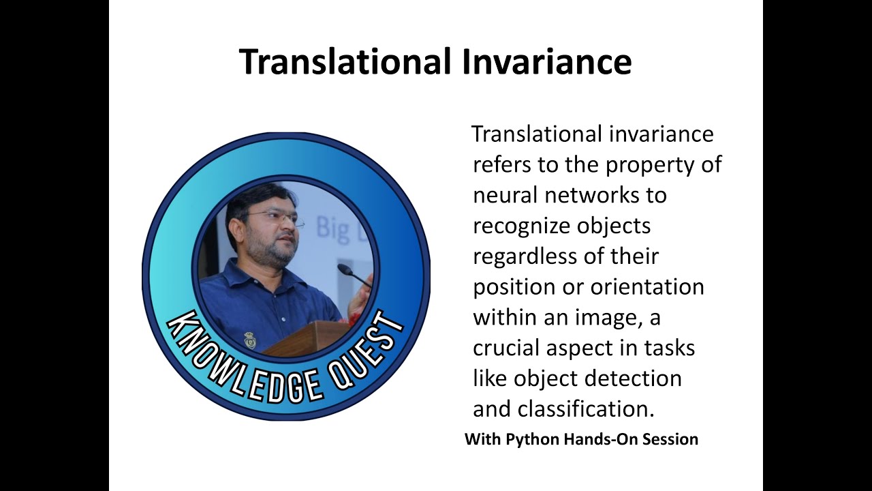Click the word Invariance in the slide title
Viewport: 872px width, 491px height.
pyautogui.click(x=547, y=61)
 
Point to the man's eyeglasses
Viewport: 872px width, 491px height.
pyautogui.click(x=275, y=217)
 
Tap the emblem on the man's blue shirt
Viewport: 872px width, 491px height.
pyautogui.click(x=250, y=340)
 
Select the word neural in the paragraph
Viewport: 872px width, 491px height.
pyautogui.click(x=505, y=195)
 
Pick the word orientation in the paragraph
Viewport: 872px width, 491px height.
pyautogui.click(x=647, y=286)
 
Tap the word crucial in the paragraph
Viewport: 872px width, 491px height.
pyautogui.click(x=505, y=348)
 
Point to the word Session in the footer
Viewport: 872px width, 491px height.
pyautogui.click(x=671, y=439)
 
